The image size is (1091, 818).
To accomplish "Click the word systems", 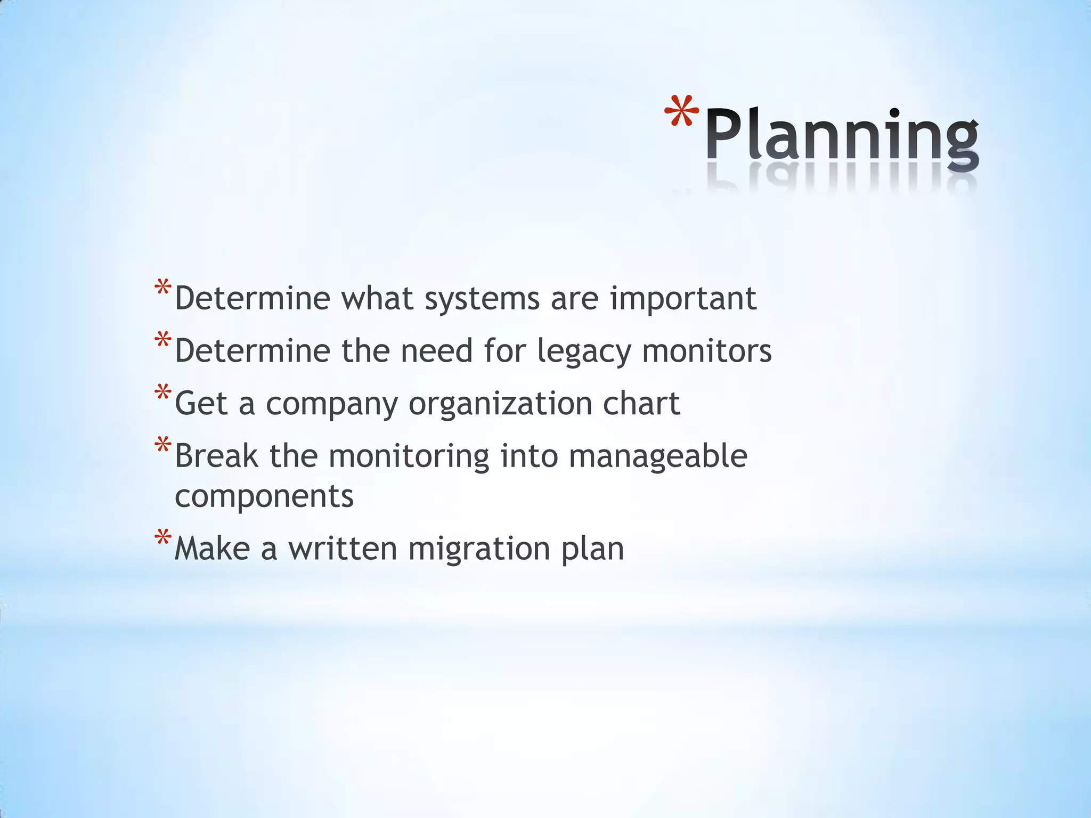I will tap(482, 299).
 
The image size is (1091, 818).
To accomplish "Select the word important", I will tap(683, 299).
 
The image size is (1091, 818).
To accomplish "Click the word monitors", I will tap(706, 351).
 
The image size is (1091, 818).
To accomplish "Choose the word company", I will tap(331, 404).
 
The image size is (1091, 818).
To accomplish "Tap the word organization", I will tap(500, 404).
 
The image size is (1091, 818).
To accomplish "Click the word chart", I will tap(641, 403).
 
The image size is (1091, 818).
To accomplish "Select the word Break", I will tap(216, 456).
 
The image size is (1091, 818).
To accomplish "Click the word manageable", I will tap(658, 457).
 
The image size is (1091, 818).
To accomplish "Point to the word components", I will tap(264, 496).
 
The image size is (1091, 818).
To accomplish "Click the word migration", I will tap(479, 549).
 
